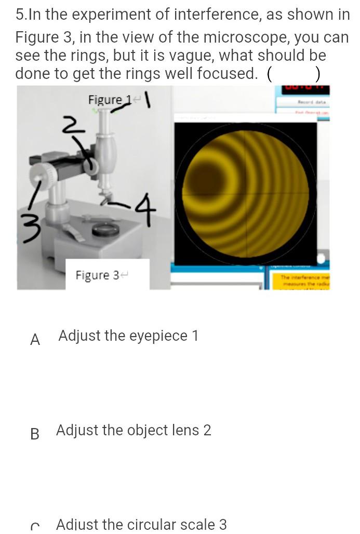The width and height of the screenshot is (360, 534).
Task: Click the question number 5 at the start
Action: tap(20, 15)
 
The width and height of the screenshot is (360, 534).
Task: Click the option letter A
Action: tap(35, 340)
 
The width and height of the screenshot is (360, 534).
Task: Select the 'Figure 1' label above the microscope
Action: tap(107, 99)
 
